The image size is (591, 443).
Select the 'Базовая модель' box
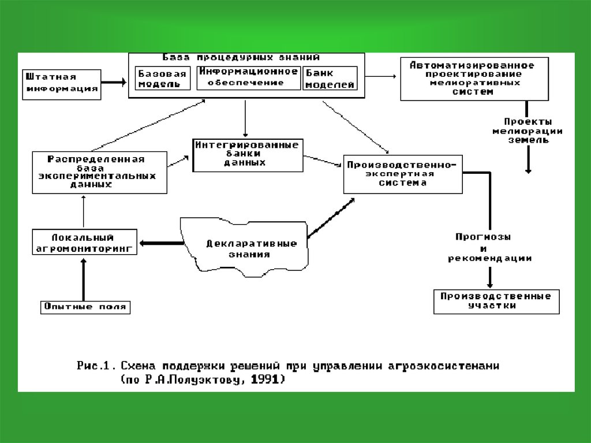(162, 79)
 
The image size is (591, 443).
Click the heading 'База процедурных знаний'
(241, 58)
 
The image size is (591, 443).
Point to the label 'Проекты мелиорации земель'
(527, 131)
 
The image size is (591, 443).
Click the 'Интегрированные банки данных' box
(248, 154)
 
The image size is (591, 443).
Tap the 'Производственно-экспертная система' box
(403, 173)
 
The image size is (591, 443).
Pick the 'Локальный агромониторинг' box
(84, 243)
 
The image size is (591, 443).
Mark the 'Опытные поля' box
(85, 307)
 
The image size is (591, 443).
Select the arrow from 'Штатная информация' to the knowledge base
(113, 82)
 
